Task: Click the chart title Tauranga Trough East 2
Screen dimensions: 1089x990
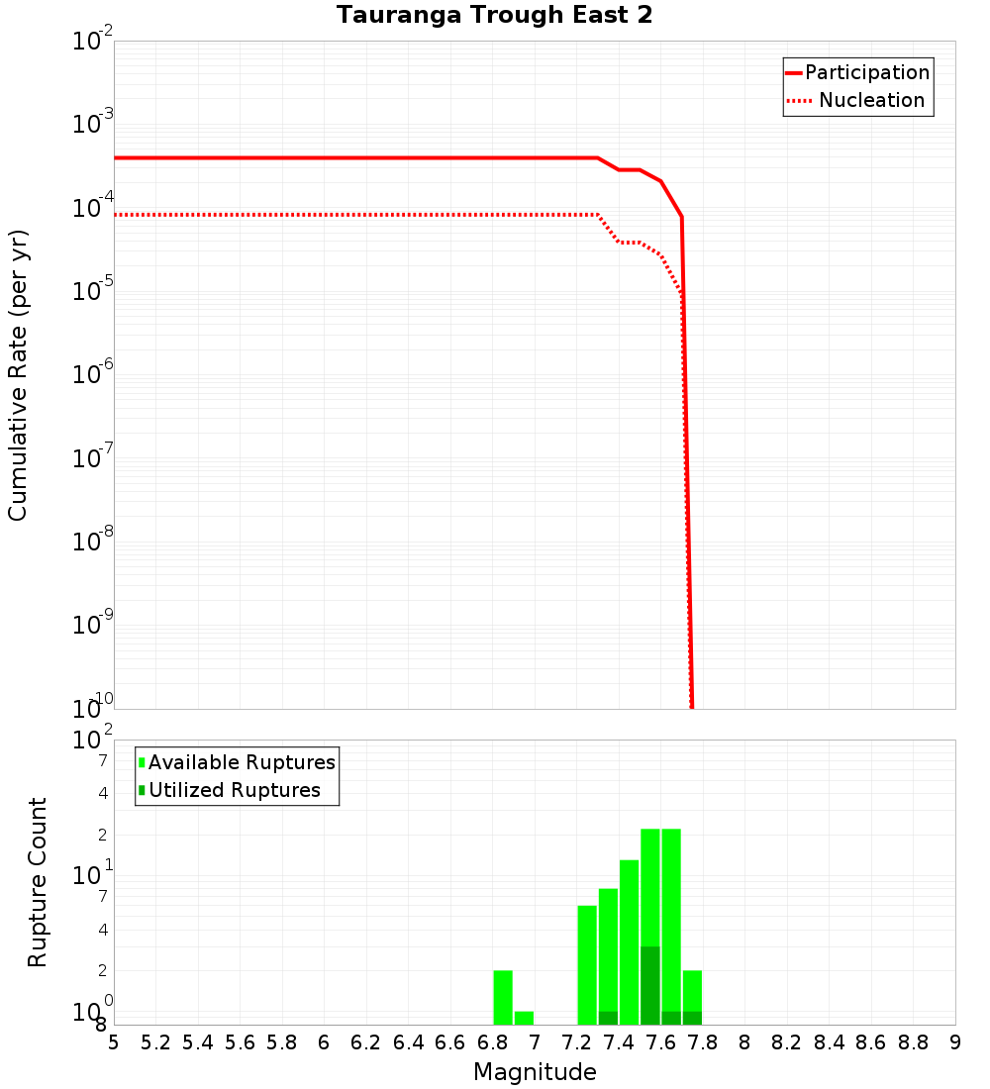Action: (494, 15)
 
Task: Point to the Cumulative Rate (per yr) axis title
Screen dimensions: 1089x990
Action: (18, 375)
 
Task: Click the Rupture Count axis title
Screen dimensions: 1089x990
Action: (38, 882)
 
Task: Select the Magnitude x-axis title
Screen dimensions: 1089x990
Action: (535, 1072)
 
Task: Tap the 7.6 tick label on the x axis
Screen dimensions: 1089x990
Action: (661, 1042)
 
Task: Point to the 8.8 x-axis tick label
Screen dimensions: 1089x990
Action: (914, 1042)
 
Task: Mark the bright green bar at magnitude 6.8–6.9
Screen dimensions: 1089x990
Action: (503, 997)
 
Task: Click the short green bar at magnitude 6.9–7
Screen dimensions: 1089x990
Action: (524, 1018)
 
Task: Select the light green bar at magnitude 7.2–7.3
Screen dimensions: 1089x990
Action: (587, 965)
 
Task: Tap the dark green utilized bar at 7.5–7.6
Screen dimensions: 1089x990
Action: (650, 985)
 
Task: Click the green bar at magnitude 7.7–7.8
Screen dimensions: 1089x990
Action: (693, 990)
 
